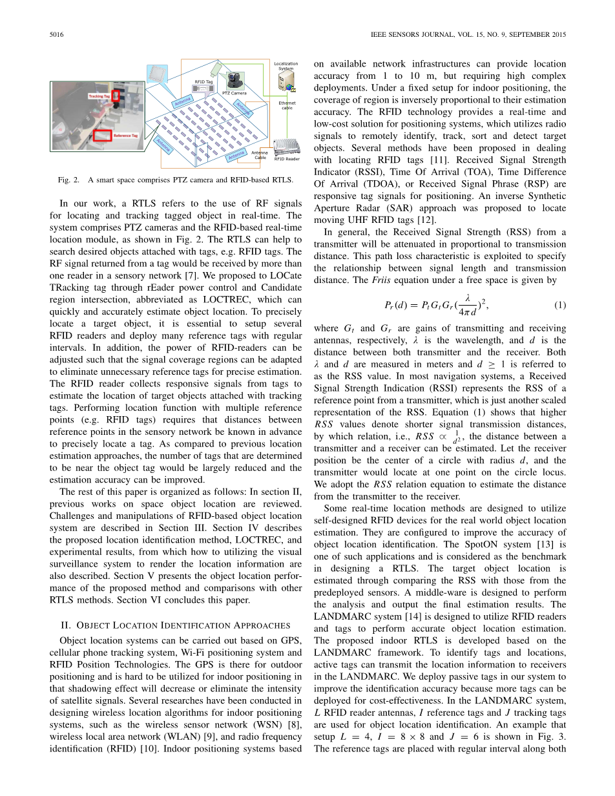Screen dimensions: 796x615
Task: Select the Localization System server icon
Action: point(285,81)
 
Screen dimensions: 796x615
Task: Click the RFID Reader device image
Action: point(287,147)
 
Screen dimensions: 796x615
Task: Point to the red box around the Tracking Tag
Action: point(116,96)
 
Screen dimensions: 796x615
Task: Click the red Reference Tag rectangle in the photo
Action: point(101,136)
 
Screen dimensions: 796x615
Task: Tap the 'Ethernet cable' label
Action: point(287,105)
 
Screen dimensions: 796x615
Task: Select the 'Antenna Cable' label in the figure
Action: point(260,155)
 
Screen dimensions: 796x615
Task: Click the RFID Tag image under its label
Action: point(203,90)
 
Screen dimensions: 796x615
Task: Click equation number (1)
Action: point(560,304)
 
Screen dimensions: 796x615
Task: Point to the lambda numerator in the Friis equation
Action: point(467,298)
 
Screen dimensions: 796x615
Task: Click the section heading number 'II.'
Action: point(65,625)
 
